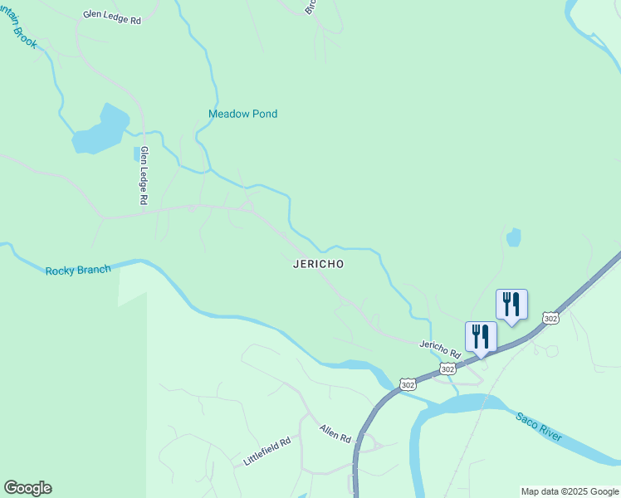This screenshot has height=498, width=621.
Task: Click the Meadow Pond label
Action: pos(242,114)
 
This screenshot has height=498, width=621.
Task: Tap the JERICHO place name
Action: pos(318,264)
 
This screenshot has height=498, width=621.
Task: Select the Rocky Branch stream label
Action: pos(78,271)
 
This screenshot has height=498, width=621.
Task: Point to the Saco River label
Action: pos(538,426)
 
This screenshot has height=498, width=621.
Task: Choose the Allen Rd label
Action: pos(336,432)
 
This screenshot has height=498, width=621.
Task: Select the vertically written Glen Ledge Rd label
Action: pos(144,176)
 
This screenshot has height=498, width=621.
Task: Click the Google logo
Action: pos(27,488)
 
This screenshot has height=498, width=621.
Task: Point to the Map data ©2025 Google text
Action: pos(570,491)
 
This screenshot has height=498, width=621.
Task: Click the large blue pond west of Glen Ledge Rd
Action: pos(100,130)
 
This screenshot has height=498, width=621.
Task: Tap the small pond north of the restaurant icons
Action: pos(514,237)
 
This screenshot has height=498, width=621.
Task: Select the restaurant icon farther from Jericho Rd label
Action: pos(511,305)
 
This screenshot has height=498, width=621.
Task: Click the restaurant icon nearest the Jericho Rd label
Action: pos(481,337)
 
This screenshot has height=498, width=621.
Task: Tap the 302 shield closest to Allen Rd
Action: pos(407,384)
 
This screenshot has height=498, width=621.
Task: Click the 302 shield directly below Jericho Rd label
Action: pos(447,369)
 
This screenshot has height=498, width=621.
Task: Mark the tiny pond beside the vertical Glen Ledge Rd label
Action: pos(136,154)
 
